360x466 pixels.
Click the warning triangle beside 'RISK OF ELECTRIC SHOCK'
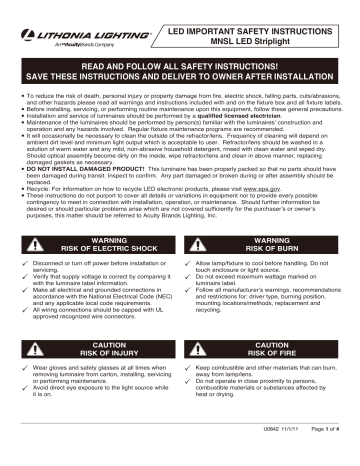click(38, 246)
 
